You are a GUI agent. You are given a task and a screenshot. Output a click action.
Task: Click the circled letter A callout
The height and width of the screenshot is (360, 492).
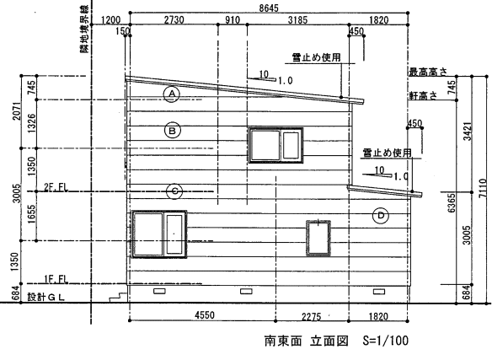tap(172, 94)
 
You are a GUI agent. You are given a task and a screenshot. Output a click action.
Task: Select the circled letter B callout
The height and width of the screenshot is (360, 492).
tap(172, 131)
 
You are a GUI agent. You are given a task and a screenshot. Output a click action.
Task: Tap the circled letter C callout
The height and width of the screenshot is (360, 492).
tap(175, 191)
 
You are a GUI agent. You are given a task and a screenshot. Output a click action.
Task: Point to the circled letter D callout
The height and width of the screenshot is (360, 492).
tap(381, 216)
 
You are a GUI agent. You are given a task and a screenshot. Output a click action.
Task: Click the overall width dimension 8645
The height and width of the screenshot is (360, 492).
tap(269, 8)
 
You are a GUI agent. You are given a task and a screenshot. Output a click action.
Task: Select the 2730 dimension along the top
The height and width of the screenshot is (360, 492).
tap(174, 19)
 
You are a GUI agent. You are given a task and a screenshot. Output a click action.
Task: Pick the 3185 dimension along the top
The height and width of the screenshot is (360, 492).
tap(297, 20)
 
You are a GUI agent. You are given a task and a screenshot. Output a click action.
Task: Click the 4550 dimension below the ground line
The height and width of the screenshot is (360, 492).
tap(205, 314)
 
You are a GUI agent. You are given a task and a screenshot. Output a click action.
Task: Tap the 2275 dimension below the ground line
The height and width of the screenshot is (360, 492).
tap(311, 316)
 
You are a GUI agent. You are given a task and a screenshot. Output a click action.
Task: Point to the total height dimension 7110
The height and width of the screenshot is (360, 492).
tap(484, 188)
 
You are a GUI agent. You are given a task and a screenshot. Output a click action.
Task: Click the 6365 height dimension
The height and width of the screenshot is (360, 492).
tap(452, 203)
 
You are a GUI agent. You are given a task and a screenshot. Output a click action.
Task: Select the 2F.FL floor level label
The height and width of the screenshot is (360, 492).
tap(56, 187)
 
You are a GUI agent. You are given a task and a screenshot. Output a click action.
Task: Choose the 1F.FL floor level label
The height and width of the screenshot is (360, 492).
tap(56, 279)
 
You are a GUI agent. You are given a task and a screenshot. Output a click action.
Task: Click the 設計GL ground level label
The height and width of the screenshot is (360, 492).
tap(45, 297)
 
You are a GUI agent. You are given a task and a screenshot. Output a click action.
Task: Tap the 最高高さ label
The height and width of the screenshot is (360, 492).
tap(428, 72)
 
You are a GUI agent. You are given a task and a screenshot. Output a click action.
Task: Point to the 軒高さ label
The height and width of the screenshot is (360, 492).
tap(423, 95)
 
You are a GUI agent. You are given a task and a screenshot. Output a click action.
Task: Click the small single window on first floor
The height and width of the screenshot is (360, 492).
tap(318, 239)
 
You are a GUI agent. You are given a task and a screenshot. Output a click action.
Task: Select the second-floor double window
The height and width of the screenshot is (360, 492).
tap(275, 145)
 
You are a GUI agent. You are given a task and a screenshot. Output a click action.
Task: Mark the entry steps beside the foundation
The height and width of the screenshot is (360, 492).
tap(118, 297)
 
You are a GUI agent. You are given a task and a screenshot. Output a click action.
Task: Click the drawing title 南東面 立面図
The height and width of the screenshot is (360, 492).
tap(307, 341)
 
